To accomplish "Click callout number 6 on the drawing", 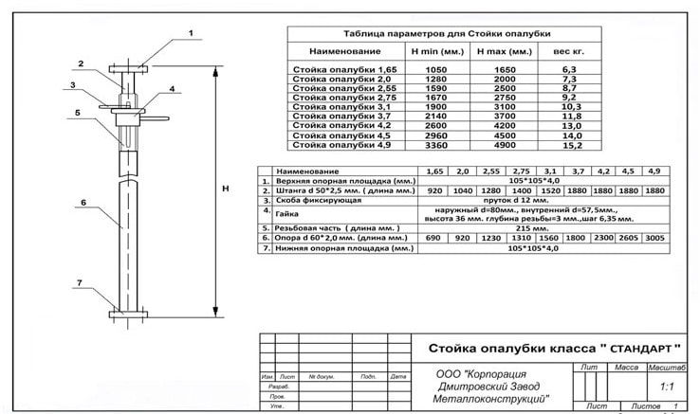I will pos(83,203).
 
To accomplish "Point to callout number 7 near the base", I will pos(81,283).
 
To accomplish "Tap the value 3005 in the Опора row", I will pos(654,238).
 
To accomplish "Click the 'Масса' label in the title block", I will pos(626,366).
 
